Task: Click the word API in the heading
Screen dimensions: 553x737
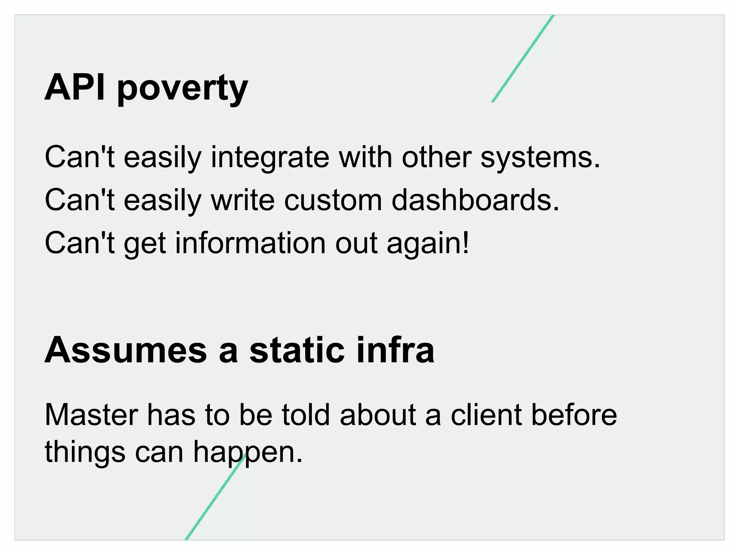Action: click(75, 87)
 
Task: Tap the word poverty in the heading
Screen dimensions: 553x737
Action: click(182, 89)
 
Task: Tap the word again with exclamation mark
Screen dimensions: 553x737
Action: click(428, 244)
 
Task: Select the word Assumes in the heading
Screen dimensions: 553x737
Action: click(126, 350)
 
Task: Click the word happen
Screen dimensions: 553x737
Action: click(248, 453)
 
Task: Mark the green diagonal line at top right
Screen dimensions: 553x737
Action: click(523, 58)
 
